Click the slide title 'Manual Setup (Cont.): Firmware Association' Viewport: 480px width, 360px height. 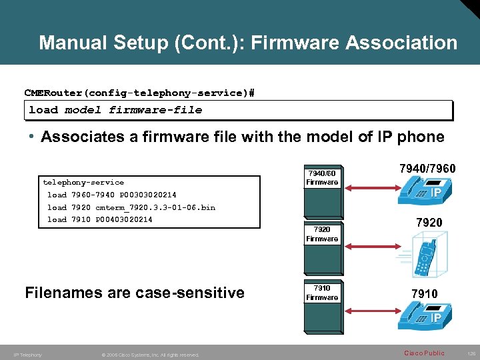pos(248,43)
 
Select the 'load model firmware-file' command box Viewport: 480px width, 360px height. pos(239,110)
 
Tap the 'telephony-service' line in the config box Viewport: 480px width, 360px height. pos(83,182)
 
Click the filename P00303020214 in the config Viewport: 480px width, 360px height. pos(148,195)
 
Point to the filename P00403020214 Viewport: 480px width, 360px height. pos(124,219)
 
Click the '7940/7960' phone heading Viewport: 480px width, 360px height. pos(427,169)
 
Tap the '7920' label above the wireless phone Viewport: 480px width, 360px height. pos(429,222)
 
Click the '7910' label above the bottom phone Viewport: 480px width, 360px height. pos(425,293)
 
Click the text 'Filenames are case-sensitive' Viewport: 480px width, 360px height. pos(134,293)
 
